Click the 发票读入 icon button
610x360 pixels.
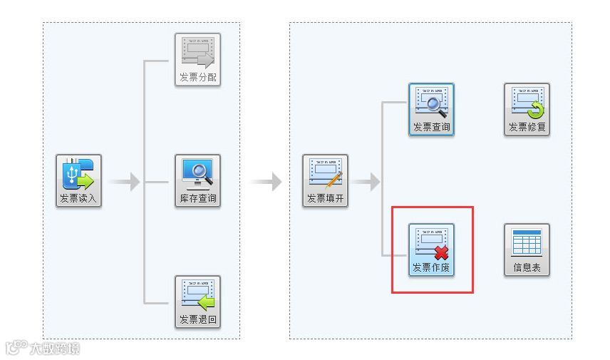point(79,181)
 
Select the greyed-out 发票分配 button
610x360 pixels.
point(197,60)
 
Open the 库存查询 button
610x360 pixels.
point(197,181)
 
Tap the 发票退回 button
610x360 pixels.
point(197,302)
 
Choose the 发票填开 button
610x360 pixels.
point(325,181)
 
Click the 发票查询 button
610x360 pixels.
point(431,110)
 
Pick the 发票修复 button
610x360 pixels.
point(527,110)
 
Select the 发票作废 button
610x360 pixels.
point(431,250)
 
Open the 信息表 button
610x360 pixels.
point(527,250)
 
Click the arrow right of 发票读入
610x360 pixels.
point(126,182)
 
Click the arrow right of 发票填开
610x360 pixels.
point(366,182)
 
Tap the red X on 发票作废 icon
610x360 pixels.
point(442,252)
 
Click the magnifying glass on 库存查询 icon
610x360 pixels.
point(201,170)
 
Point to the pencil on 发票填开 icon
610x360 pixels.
point(334,179)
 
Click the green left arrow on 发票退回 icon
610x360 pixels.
point(206,302)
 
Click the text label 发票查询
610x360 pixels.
point(431,128)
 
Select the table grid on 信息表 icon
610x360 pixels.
point(527,243)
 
